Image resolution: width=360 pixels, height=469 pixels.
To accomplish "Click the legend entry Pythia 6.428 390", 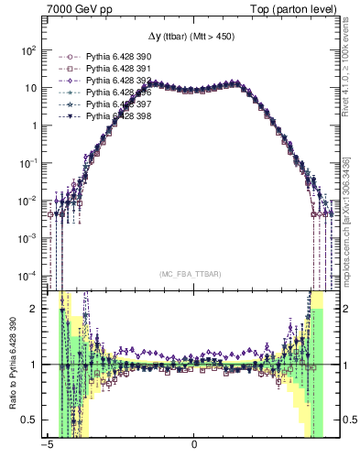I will (x=119, y=57).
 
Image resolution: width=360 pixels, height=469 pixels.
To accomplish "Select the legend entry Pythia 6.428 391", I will (x=119, y=69).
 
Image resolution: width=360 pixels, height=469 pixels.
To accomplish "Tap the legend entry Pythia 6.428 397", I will (x=119, y=104).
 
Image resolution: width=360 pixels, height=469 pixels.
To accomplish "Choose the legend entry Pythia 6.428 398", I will (x=119, y=116).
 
